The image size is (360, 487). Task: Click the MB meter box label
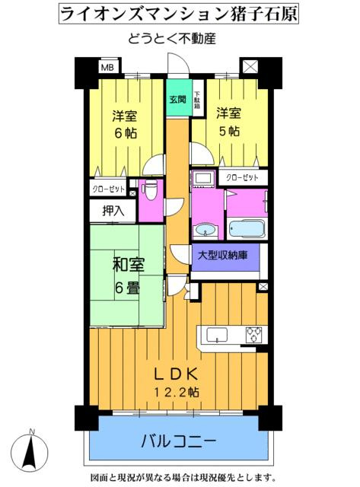click(107, 67)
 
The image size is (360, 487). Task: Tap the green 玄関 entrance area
click(179, 97)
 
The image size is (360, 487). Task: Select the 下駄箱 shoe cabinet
click(197, 99)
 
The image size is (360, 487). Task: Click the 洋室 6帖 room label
click(125, 124)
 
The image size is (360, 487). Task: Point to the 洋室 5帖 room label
click(228, 122)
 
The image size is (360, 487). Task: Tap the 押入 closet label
click(113, 211)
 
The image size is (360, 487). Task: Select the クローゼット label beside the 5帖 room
click(242, 177)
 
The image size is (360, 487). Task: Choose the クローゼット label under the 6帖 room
click(109, 189)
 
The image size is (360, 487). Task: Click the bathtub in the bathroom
click(247, 229)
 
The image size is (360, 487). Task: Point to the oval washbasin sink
click(205, 231)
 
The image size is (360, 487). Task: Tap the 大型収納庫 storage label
click(223, 256)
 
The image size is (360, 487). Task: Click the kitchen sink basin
click(217, 335)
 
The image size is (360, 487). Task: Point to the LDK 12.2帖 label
click(177, 384)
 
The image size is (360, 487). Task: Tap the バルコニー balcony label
click(179, 441)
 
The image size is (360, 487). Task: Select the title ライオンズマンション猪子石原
click(179, 14)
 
